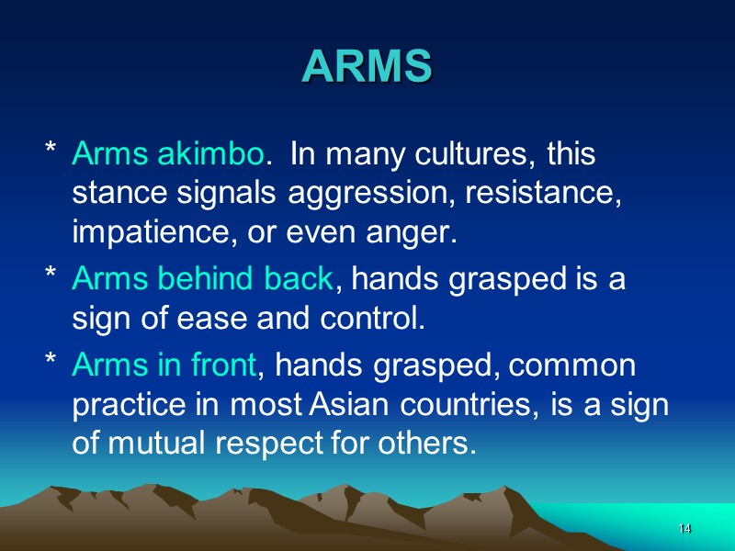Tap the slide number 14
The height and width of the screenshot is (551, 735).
684,530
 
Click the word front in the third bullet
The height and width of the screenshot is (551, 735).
222,365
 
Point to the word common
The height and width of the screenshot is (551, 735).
571,365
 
